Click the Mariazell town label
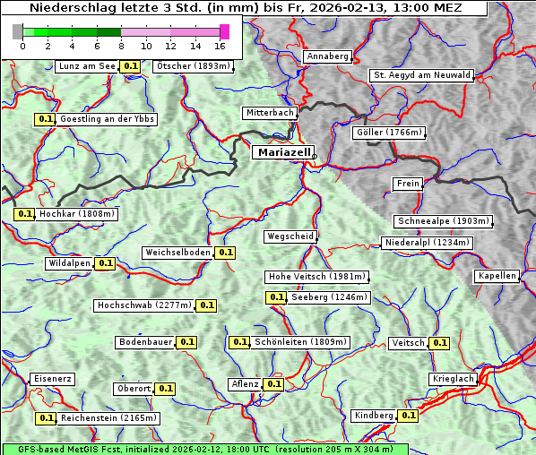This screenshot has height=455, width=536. coord(282,152)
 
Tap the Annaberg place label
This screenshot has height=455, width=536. coord(327,56)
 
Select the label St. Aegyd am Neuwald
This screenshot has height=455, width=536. coord(421,75)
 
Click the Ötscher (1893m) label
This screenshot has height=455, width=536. coord(193,66)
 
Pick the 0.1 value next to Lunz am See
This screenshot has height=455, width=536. coord(131,66)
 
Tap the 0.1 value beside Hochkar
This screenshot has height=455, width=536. coord(24,215)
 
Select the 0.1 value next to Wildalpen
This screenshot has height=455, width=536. coord(106,263)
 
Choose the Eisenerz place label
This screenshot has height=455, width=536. coord(52,379)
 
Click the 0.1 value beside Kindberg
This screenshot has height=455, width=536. coord(409,416)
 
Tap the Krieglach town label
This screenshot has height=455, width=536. coord(453,380)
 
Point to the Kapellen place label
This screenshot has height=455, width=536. coord(497,276)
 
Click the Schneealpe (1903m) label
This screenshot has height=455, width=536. coord(443,221)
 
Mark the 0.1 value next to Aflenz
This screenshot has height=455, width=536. coord(274,384)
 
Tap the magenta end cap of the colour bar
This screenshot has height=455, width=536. coord(224,31)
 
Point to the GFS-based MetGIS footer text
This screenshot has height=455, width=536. coord(204,449)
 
